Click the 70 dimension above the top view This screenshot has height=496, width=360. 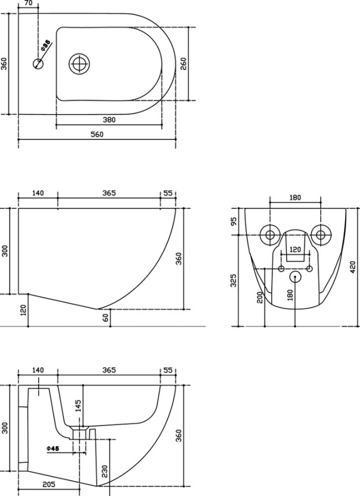click(x=29, y=4)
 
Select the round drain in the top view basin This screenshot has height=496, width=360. click(x=79, y=63)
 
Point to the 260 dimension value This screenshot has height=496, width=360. click(x=183, y=64)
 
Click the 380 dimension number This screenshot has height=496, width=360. click(x=109, y=120)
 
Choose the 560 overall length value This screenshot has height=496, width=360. click(x=97, y=134)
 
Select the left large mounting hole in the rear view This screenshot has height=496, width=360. click(x=270, y=235)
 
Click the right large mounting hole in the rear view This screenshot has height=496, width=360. click(x=320, y=235)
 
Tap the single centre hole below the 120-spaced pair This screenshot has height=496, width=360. click(x=295, y=277)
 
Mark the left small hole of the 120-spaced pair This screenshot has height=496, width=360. click(x=281, y=268)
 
